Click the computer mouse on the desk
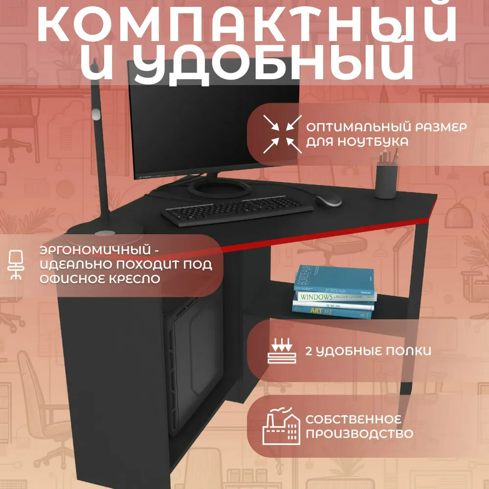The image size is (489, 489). click(x=329, y=200)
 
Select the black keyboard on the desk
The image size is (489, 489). click(x=237, y=210)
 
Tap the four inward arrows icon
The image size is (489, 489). click(x=279, y=133)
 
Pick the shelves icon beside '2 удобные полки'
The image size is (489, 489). click(x=282, y=352)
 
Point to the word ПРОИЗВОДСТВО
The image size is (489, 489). click(x=359, y=433)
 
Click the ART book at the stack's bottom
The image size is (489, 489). click(x=332, y=311)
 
